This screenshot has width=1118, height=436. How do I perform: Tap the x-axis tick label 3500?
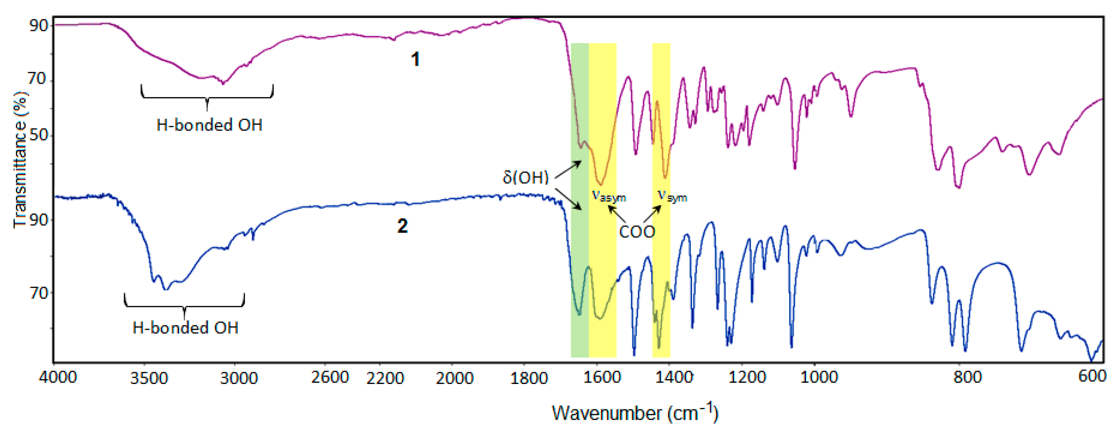149,378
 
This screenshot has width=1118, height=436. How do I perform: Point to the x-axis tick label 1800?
529,378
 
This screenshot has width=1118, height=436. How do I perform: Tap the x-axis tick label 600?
1092,376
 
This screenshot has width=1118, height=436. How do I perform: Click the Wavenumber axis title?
635,413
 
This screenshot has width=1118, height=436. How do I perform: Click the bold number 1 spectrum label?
415,59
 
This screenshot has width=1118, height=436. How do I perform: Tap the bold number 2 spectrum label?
402,226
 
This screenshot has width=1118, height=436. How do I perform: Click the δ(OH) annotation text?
526,177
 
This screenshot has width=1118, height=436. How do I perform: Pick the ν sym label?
672,197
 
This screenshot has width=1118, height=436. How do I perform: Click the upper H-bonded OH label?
209,125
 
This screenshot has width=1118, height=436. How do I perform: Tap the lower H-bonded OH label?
185,328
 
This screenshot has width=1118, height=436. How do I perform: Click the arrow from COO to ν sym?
652,214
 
